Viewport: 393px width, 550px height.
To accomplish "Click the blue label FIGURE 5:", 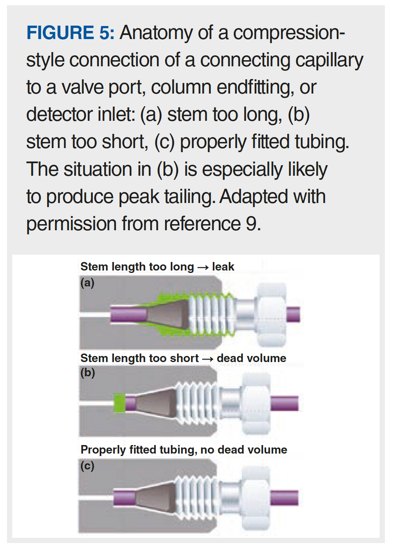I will [x=70, y=33].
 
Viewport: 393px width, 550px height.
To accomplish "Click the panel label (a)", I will [x=87, y=282].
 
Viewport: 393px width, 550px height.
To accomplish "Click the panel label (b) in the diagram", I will [x=87, y=373].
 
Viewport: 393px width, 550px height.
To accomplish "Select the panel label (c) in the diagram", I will [x=87, y=465].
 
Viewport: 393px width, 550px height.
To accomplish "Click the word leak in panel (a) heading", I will [x=223, y=267].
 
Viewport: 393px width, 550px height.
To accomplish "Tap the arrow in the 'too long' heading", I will [x=203, y=267].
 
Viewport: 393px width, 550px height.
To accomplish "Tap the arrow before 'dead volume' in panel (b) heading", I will [x=207, y=359].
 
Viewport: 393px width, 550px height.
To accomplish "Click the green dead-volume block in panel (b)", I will [x=119, y=403].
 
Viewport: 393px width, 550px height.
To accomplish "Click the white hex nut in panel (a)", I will [x=271, y=314].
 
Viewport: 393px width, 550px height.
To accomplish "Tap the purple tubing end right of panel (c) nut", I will [x=284, y=498].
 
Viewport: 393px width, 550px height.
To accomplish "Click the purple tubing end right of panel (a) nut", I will [x=293, y=314].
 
